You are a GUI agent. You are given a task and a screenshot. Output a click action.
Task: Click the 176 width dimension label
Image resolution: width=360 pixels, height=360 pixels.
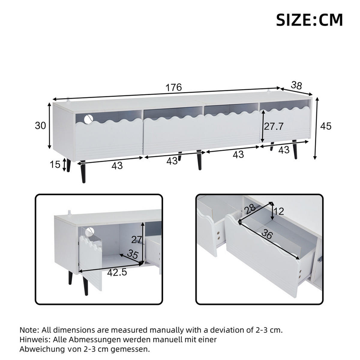174,87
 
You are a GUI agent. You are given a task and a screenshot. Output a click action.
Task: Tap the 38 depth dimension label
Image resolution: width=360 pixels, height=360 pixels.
296,85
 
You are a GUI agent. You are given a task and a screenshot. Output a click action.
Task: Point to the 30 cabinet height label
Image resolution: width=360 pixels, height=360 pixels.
40,125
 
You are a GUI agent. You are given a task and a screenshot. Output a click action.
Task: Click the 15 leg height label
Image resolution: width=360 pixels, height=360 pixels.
55,164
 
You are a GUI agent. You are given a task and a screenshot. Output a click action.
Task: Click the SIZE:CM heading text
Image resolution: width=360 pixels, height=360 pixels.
309,20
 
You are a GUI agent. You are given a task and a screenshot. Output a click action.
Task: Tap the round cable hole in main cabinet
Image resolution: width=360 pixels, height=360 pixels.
88,119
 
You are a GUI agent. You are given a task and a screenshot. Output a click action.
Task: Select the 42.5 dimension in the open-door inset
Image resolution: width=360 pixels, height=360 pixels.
117,272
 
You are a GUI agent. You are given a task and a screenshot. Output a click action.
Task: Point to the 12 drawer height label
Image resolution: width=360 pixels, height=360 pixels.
279,211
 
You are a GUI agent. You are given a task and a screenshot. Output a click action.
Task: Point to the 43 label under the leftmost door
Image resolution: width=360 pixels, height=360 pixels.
117,165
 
